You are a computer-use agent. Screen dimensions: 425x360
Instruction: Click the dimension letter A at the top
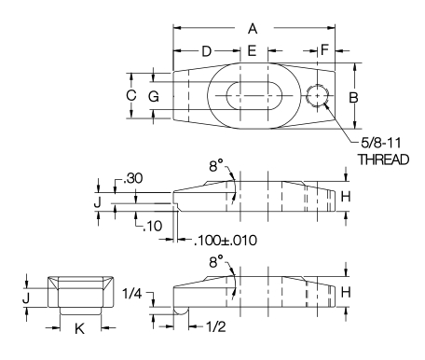pos(253,29)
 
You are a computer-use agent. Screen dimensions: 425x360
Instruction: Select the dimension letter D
pos(207,51)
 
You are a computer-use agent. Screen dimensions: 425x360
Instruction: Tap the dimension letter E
pos(252,50)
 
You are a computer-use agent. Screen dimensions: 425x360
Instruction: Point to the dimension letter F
pos(324,49)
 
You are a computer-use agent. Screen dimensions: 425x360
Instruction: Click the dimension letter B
pos(353,98)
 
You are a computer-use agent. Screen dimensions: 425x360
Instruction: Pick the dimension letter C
pos(131,95)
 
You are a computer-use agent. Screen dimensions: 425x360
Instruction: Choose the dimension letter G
pos(154,97)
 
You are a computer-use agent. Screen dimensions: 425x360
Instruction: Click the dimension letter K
pos(79,328)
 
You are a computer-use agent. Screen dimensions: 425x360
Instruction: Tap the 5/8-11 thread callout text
pos(381,143)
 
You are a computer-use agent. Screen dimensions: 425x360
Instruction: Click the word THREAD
pos(383,159)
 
